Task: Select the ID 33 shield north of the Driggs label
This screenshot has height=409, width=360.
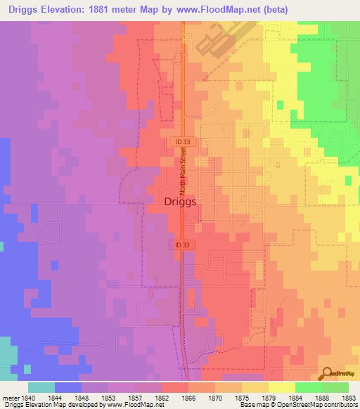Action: pos(180,141)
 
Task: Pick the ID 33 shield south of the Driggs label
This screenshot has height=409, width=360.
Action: pos(180,245)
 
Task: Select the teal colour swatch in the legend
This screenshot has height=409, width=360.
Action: pos(41,387)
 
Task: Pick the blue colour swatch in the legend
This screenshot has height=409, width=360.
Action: pos(68,387)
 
